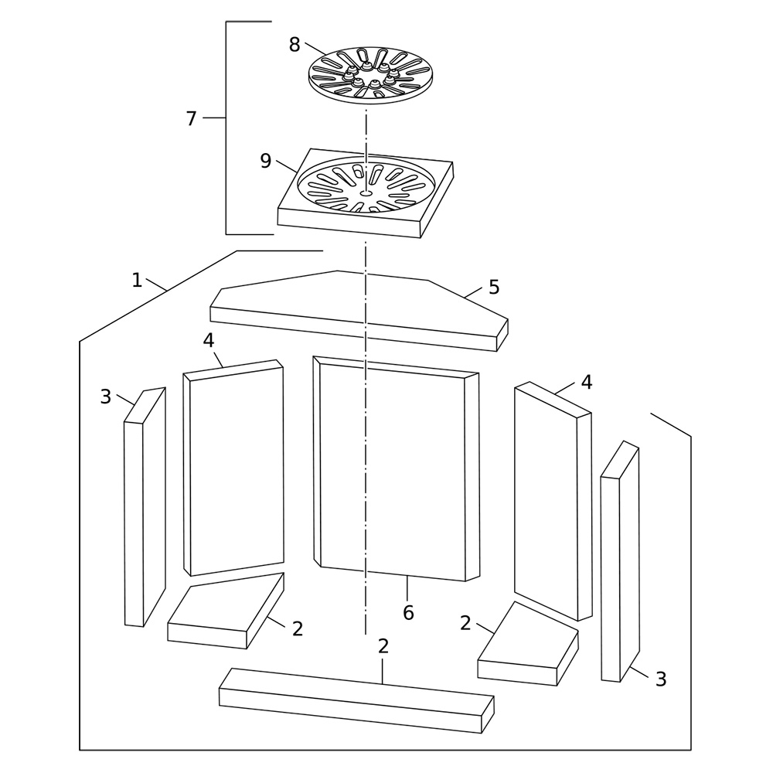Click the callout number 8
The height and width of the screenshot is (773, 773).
point(295,45)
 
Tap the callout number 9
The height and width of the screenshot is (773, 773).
point(266,161)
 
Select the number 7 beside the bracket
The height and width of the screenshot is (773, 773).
point(191,119)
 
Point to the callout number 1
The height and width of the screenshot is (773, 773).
point(137,281)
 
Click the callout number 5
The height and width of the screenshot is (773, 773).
point(494,287)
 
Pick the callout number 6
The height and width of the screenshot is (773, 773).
point(408,613)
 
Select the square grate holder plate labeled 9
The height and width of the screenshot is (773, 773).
point(366,193)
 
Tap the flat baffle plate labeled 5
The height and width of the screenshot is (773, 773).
point(359,311)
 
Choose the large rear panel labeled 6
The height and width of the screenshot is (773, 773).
point(396,468)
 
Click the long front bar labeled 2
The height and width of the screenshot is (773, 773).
point(356,700)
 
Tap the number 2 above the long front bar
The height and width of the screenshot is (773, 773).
point(383,646)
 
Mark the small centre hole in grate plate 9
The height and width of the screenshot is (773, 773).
point(366,193)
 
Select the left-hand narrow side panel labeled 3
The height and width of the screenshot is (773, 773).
point(145,507)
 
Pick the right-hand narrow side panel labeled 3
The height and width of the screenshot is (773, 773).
point(620,561)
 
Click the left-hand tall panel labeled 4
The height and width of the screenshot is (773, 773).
point(233,468)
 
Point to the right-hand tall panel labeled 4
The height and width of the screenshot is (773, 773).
point(553,502)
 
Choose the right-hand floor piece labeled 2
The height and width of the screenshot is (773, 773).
point(528,644)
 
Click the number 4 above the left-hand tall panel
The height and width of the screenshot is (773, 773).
point(209,340)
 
